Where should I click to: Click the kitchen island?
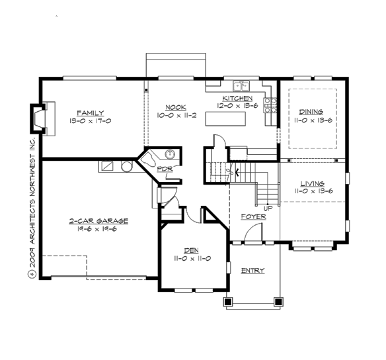coord(229,118)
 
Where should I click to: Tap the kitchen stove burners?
coord(270,105)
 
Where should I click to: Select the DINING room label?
coord(310,112)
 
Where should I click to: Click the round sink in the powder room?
coord(170,156)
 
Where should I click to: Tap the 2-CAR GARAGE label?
coord(98,221)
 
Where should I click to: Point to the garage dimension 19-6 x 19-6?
coord(98,230)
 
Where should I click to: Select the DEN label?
coord(191,250)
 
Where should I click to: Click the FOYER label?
coord(254,216)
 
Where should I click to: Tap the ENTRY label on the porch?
coord(252,271)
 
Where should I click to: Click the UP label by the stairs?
coord(268,208)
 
